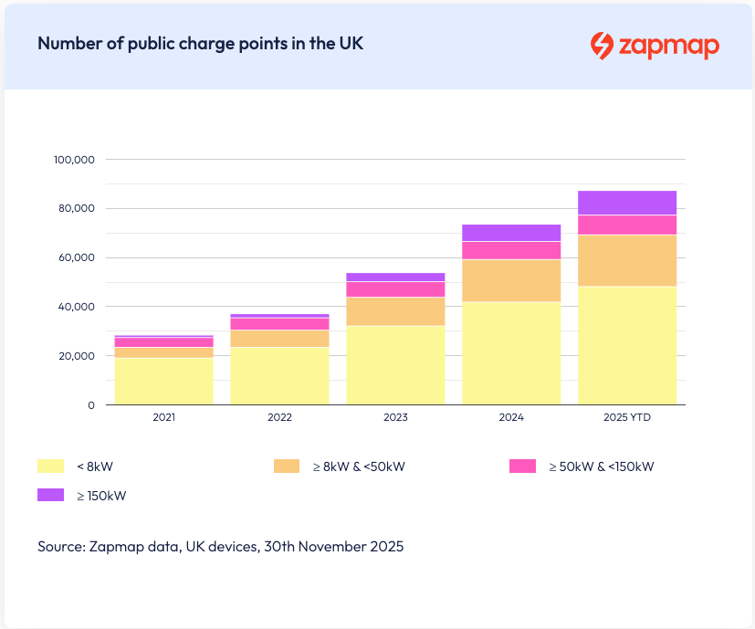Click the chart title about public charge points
(x=200, y=44)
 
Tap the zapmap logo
(x=654, y=45)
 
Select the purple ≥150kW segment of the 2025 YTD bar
(x=626, y=203)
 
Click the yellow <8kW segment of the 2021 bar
(x=163, y=381)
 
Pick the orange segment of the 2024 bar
(x=511, y=280)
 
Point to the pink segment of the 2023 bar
(x=395, y=288)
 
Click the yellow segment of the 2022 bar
(x=279, y=375)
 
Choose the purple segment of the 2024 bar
(x=511, y=233)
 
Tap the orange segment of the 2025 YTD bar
(x=626, y=260)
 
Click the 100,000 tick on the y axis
(x=74, y=160)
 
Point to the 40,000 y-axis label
(x=76, y=307)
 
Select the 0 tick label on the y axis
(x=90, y=405)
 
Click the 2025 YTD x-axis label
(x=626, y=417)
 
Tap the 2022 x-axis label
(x=279, y=417)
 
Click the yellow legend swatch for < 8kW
(x=50, y=466)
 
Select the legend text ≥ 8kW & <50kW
(x=358, y=467)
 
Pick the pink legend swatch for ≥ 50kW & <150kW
(x=522, y=466)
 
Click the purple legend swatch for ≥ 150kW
(x=50, y=495)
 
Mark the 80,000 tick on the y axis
(x=76, y=209)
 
